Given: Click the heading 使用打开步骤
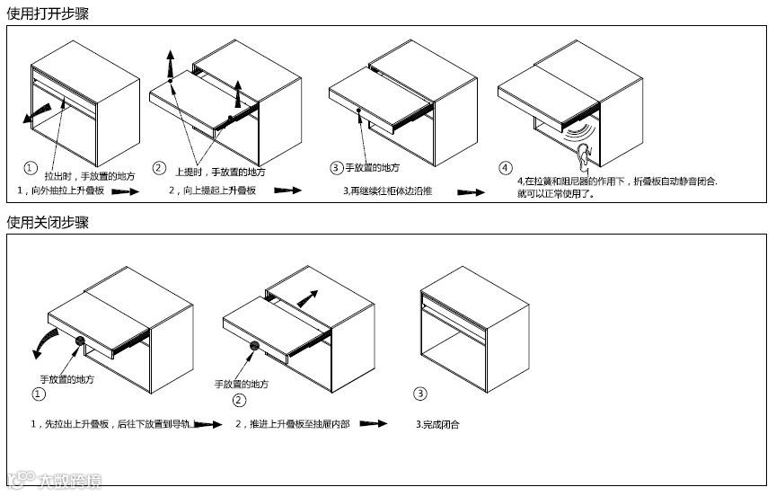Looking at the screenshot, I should [48, 13].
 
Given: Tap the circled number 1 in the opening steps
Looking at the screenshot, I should [31, 168].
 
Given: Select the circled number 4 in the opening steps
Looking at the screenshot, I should [506, 167].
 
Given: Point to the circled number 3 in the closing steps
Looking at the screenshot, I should [420, 394].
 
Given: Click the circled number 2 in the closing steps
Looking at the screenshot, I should [239, 401].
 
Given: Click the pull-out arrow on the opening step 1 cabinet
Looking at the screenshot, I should [38, 111].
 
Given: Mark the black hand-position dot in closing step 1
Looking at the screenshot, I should [80, 341].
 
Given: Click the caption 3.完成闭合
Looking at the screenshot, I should [437, 424].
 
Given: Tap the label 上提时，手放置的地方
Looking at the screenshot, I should [221, 172].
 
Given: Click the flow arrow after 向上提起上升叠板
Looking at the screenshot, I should [287, 191].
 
